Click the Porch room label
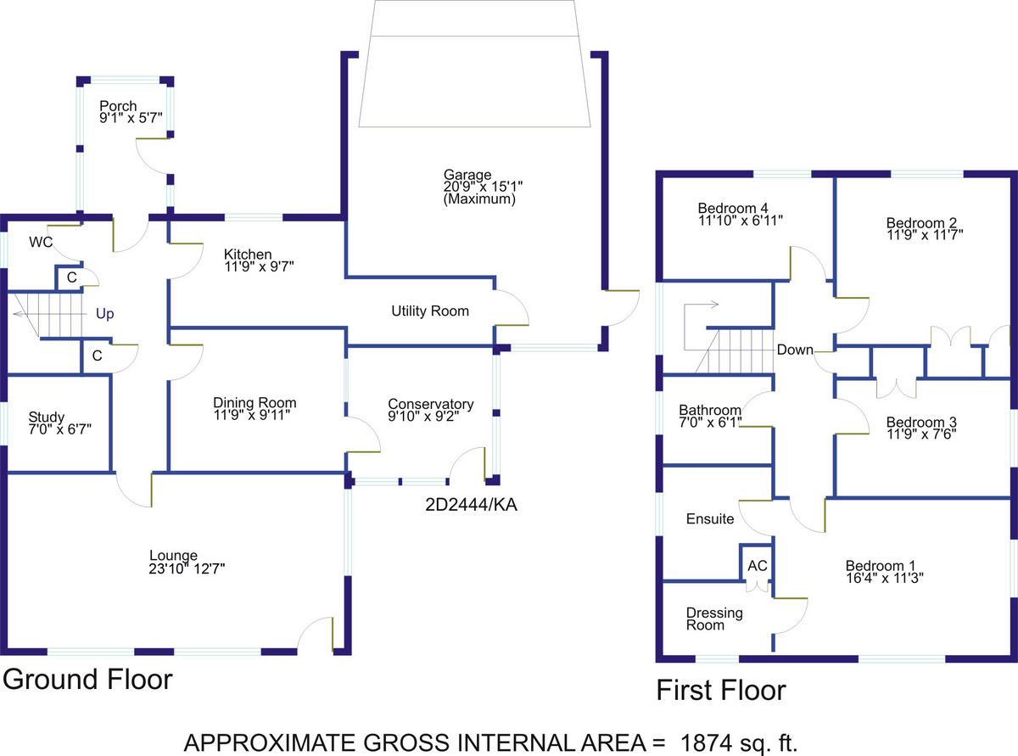tap(118, 105)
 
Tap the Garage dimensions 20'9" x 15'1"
tap(483, 187)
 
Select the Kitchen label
tap(248, 254)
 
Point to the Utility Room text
tap(430, 311)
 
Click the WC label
tap(41, 242)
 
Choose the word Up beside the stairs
tap(104, 314)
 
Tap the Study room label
tap(47, 417)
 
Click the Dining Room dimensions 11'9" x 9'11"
tap(252, 415)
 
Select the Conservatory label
tap(431, 404)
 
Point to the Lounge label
tap(174, 556)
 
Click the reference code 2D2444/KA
tap(472, 505)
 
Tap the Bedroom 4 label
tap(733, 209)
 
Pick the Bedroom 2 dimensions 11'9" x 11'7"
tap(925, 235)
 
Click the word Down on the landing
tap(795, 350)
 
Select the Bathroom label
tap(710, 410)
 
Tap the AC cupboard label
tap(758, 565)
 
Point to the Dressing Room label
tap(714, 619)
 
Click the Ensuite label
tap(710, 518)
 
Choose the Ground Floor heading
tap(87, 680)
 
